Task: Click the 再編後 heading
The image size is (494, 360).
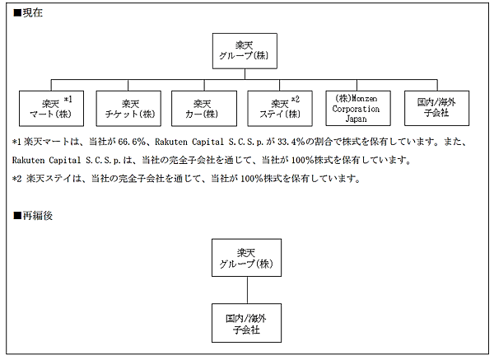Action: pos(27,216)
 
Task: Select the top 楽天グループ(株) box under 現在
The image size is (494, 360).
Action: pos(246,51)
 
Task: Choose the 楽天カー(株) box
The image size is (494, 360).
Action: pos(203,107)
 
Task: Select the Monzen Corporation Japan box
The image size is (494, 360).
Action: pos(356,107)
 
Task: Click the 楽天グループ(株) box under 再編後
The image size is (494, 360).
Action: pos(246,259)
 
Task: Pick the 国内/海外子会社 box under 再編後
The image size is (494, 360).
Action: pos(246,322)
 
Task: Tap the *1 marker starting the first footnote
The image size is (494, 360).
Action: pos(17,142)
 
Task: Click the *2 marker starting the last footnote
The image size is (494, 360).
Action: pos(17,178)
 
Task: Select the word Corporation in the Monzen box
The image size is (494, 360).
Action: pos(357,108)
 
